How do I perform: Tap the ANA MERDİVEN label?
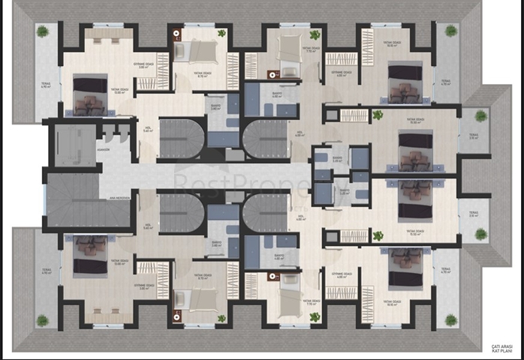point(119,197)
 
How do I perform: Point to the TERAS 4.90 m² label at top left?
point(46,85)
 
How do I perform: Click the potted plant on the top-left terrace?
point(43,31)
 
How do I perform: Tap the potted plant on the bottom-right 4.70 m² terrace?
point(450,319)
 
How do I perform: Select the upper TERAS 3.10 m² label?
point(474,136)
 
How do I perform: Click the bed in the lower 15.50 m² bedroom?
point(412,201)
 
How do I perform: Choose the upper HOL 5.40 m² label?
point(149,129)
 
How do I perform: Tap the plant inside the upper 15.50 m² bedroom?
point(378,115)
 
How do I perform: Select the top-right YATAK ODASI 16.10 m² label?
point(391,44)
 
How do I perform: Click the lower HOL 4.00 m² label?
point(300,218)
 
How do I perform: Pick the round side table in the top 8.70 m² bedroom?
point(177,34)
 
